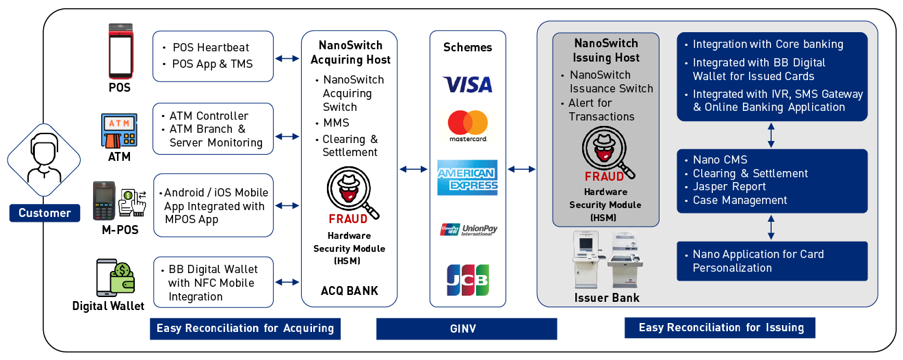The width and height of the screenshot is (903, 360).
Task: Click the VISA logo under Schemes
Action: coord(468,84)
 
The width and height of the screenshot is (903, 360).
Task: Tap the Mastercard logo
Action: coord(468,126)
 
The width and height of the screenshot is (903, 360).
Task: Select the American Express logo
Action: coord(468,177)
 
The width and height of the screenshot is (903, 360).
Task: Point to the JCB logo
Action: coord(468,279)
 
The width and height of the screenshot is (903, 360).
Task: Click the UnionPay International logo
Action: coord(468,229)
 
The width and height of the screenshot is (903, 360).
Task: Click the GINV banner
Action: coord(467,329)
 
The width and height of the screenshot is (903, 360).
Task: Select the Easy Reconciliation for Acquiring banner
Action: coord(245,329)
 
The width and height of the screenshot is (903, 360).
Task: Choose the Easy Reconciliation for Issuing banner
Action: coord(720,327)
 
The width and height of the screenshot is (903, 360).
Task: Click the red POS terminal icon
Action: coord(120,52)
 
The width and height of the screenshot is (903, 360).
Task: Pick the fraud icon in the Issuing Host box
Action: coord(606,151)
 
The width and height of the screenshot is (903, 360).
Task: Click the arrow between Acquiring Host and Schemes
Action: coord(413,169)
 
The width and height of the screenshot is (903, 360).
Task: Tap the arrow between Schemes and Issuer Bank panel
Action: coord(521,169)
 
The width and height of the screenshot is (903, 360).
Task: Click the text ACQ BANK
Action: coord(349,291)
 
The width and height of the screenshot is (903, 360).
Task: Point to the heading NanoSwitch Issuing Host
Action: coord(606,51)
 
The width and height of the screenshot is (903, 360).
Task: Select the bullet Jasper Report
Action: coord(729,187)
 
